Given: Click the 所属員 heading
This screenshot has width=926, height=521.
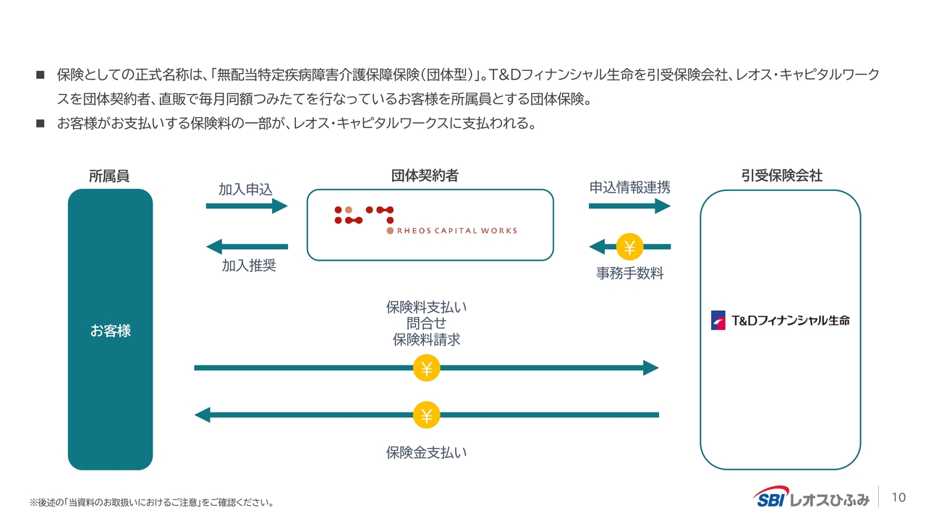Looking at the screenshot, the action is (x=109, y=176).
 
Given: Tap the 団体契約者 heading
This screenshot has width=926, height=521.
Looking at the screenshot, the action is (x=425, y=176).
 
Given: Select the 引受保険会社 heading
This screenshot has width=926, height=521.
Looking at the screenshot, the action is (x=781, y=176).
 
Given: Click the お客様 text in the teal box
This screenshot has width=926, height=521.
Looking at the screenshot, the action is (x=111, y=331).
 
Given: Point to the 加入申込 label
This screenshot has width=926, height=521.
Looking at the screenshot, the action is (x=245, y=190).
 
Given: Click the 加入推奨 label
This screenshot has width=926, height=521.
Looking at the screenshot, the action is (x=249, y=266).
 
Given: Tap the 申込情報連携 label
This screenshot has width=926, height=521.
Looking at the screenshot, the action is (x=629, y=187).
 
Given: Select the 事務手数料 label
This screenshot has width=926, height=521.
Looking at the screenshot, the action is (x=629, y=274).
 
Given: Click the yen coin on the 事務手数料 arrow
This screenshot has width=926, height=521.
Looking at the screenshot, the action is (x=629, y=247).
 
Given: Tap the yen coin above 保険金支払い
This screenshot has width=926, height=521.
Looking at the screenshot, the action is (x=426, y=415).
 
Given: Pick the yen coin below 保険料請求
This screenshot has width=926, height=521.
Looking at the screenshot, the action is (x=426, y=368).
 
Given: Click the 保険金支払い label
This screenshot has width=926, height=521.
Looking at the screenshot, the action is (x=426, y=453).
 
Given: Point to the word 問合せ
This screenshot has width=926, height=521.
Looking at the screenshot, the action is (x=426, y=323).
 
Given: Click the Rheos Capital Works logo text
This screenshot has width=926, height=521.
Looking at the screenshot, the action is (x=456, y=231).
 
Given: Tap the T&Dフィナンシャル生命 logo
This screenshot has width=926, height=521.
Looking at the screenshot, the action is (x=780, y=321).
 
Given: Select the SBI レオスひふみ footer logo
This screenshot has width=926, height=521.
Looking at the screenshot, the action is (x=811, y=497).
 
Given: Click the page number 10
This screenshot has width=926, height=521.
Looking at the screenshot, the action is (x=899, y=497).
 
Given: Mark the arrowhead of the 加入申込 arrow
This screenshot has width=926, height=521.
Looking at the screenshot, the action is (x=280, y=206).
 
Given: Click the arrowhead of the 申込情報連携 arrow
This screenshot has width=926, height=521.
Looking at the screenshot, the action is (x=663, y=206).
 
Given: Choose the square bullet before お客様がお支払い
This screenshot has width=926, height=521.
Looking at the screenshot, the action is (x=40, y=123).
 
